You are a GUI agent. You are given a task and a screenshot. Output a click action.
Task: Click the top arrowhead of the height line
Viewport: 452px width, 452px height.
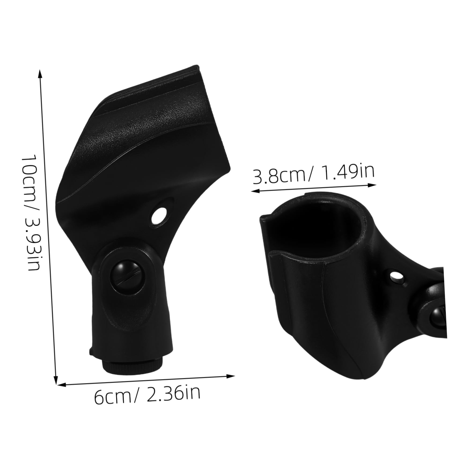coord(40,74)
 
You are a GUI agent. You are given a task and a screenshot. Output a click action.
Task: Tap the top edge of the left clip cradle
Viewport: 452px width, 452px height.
coord(150,83)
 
